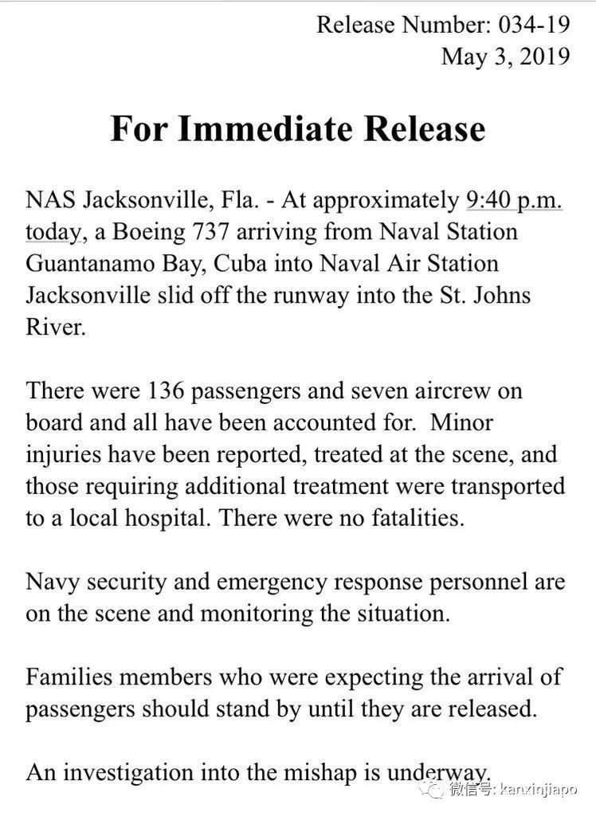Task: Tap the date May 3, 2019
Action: pyautogui.click(x=505, y=57)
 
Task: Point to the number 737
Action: pyautogui.click(x=248, y=231)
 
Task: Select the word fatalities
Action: pyautogui.click(x=410, y=518)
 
